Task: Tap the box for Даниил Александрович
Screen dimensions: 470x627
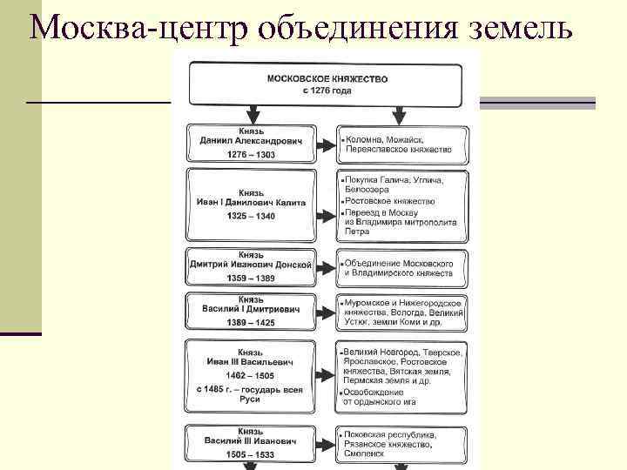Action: coord(250,141)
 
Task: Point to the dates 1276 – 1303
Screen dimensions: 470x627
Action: coord(250,155)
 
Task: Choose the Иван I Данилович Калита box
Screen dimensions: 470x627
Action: coord(250,201)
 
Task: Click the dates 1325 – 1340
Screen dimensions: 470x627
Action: coord(250,216)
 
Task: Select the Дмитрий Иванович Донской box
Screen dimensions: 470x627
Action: coord(250,266)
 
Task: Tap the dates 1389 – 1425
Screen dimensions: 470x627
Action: coord(250,323)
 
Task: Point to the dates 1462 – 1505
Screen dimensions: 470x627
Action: coord(250,375)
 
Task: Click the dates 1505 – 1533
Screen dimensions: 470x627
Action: coord(250,453)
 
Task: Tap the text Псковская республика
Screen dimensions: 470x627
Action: coord(389,434)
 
